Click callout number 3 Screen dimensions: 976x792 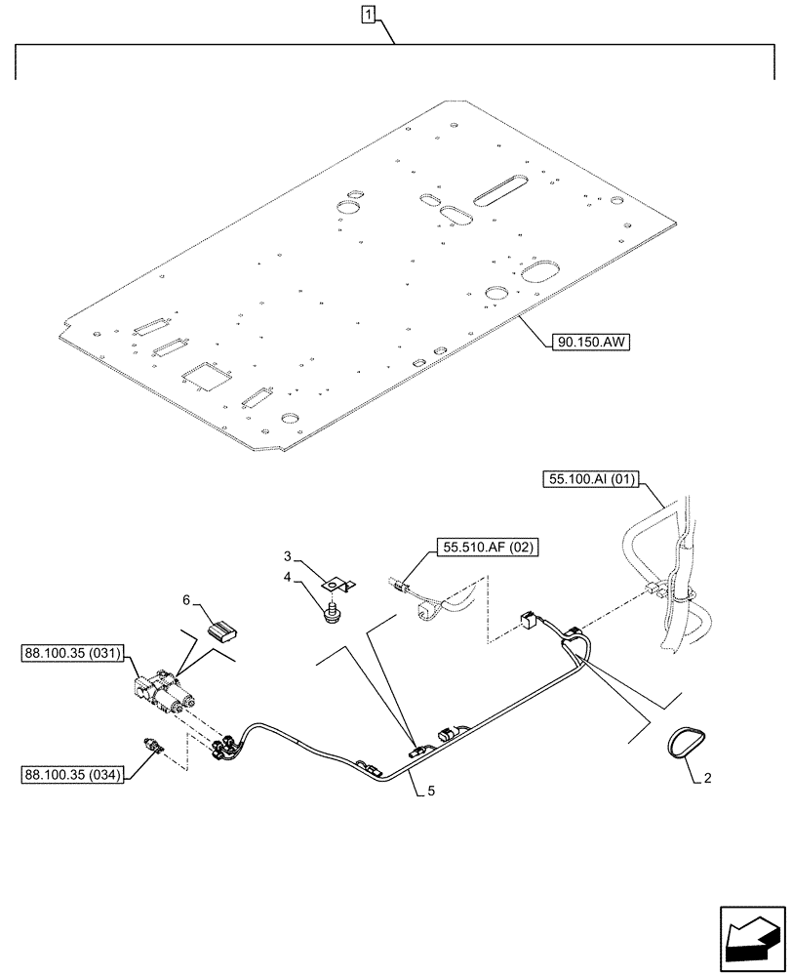pyautogui.click(x=288, y=556)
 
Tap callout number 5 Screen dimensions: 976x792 pyautogui.click(x=430, y=791)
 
